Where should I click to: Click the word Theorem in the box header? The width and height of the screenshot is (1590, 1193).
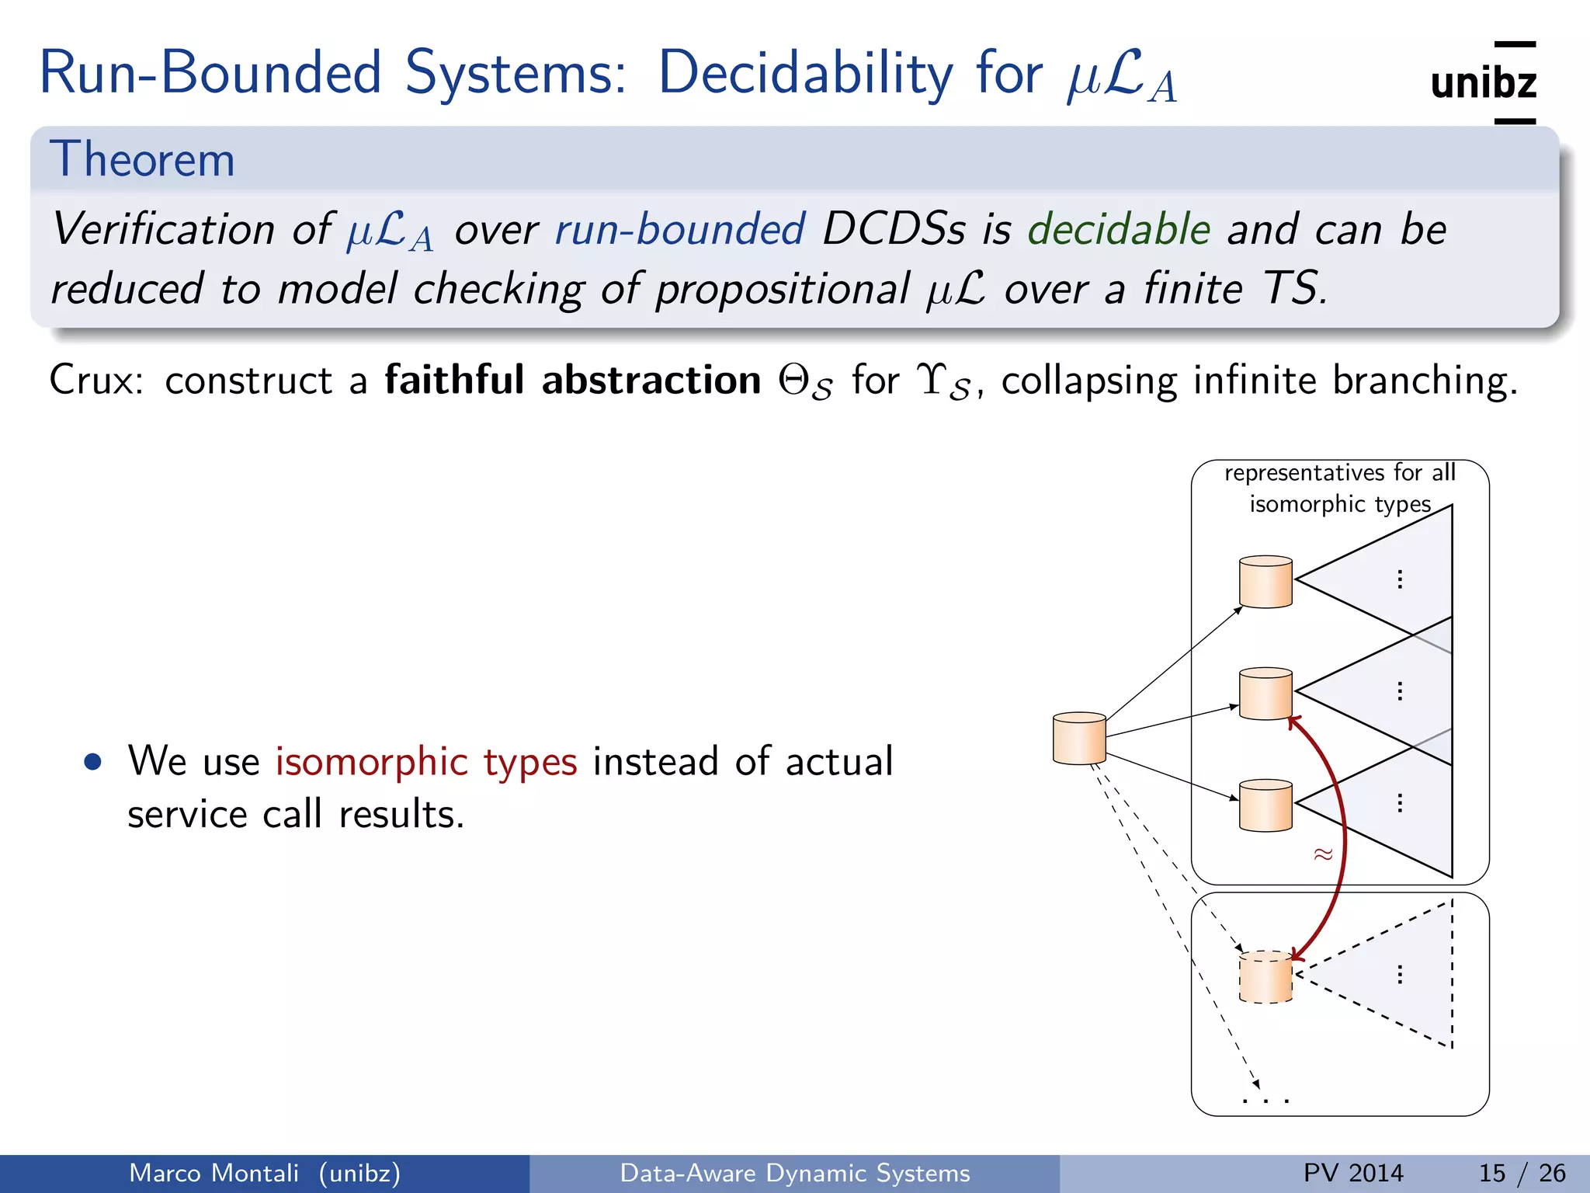tap(142, 160)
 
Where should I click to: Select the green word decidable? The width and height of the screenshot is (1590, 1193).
tap(1119, 230)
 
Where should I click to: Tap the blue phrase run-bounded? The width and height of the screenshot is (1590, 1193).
tap(680, 230)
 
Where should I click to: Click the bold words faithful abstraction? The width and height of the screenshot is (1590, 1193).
tap(573, 381)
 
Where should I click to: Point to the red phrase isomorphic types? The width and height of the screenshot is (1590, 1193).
tap(426, 761)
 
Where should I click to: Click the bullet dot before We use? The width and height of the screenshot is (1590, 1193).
tap(93, 761)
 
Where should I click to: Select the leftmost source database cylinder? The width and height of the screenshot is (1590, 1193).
tap(1079, 738)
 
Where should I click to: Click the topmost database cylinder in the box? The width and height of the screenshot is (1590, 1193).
tap(1265, 582)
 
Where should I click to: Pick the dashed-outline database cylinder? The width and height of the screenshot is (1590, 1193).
tap(1265, 977)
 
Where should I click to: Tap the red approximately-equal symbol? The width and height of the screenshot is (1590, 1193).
tap(1323, 854)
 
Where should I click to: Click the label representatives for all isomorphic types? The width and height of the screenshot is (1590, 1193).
tap(1339, 488)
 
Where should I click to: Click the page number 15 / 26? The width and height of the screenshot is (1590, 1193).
tap(1522, 1173)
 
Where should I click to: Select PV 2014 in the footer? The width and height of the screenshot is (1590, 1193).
tap(1353, 1173)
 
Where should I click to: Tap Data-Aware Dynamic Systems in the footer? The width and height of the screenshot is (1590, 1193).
tap(794, 1173)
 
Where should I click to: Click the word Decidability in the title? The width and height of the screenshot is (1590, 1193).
tap(805, 74)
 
